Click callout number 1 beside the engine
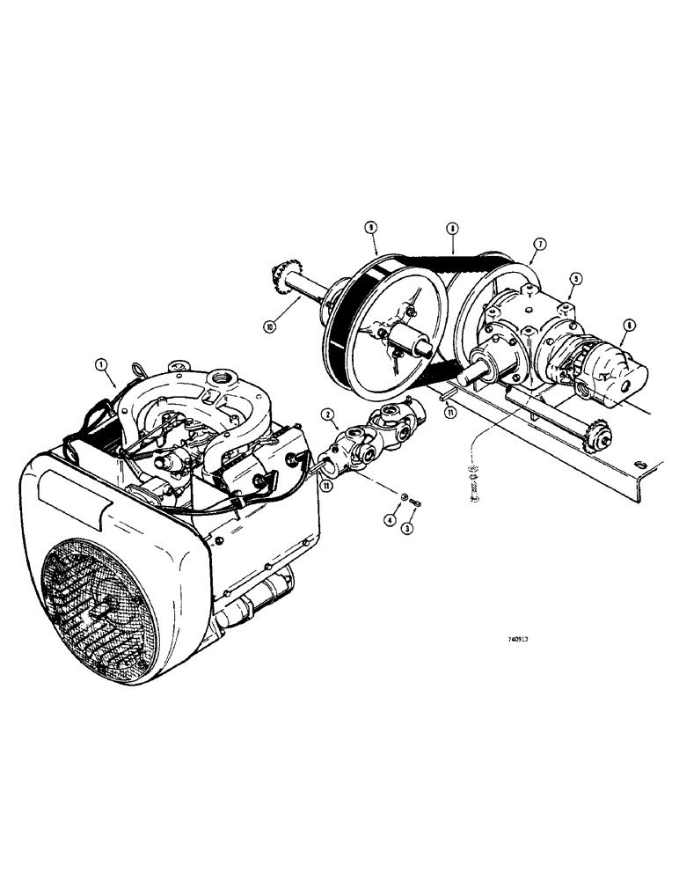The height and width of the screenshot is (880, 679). (x=103, y=363)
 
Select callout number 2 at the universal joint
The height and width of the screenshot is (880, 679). (x=326, y=414)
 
